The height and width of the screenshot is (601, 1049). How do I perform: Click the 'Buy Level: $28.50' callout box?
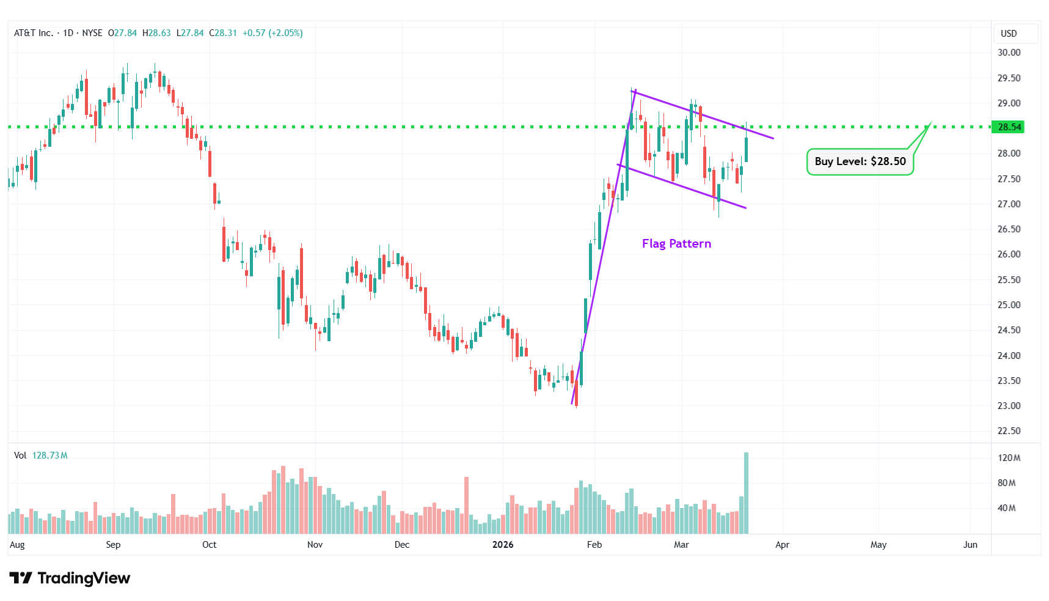(860, 162)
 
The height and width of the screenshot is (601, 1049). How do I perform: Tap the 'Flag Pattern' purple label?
(676, 244)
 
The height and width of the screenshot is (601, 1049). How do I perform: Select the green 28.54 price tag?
(1009, 127)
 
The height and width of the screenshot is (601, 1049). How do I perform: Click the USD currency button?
(1009, 34)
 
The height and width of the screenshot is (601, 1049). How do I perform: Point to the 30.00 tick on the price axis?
(1009, 53)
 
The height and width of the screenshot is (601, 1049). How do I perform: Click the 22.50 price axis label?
(1009, 431)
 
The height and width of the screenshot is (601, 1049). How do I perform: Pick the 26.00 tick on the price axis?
(1009, 254)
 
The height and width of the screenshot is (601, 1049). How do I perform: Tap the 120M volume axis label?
(1009, 458)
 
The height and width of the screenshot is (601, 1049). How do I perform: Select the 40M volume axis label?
(1006, 508)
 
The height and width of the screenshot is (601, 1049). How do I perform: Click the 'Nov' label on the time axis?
(315, 545)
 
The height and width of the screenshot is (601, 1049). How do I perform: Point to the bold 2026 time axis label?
(503, 545)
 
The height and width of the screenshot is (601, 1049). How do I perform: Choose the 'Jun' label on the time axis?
(970, 545)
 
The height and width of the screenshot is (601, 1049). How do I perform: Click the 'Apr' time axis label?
(782, 545)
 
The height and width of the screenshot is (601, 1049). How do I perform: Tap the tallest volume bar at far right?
(746, 493)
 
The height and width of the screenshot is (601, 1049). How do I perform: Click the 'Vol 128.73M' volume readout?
(41, 455)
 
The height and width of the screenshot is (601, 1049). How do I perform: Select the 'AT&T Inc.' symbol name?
(34, 33)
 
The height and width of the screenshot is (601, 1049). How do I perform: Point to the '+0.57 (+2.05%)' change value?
(272, 33)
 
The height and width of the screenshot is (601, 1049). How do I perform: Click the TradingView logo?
(70, 578)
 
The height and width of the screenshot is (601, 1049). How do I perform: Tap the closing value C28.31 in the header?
(223, 33)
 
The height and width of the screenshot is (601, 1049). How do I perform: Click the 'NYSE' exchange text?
(92, 33)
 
